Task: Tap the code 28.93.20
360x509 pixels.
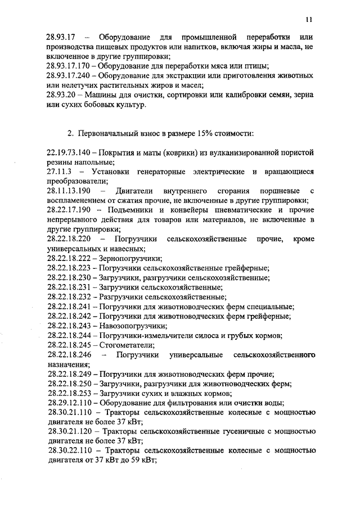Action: pyautogui.click(x=62, y=94)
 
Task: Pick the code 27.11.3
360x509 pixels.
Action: pyautogui.click(x=58, y=171)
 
